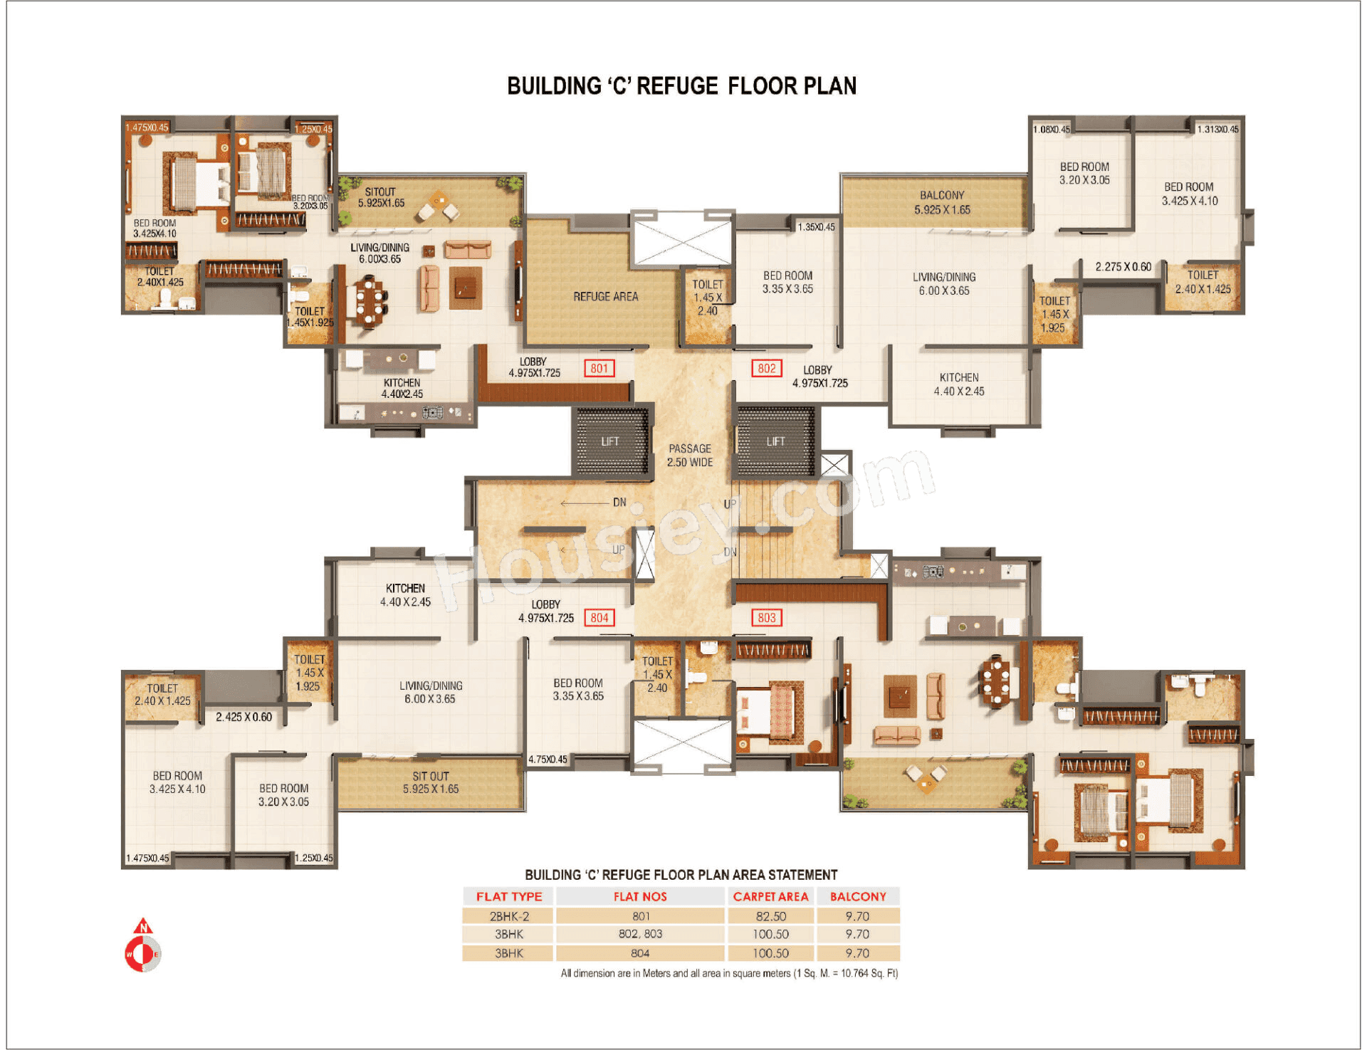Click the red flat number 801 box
599,368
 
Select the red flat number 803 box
766,617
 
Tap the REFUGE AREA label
605,296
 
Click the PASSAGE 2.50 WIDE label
689,455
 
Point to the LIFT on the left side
610,441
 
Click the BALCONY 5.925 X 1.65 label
941,202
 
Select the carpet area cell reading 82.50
770,916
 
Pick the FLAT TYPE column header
508,896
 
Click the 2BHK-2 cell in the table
508,916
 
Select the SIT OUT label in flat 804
430,782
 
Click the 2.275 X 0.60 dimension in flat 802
1123,267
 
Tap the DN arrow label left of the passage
619,502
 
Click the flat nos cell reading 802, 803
639,934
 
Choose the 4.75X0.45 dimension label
548,759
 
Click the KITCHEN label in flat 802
958,384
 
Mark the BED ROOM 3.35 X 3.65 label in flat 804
577,689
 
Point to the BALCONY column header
857,896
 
